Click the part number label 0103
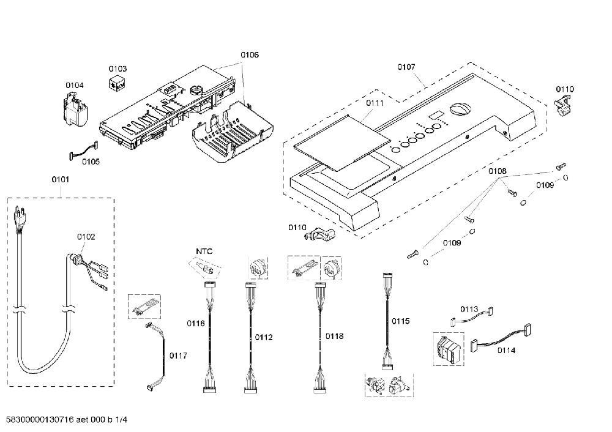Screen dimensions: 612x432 click(118, 69)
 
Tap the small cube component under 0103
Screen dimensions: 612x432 click(116, 83)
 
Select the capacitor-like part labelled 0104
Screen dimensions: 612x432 click(75, 111)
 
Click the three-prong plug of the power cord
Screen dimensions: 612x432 click(18, 218)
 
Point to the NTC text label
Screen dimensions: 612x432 click(204, 251)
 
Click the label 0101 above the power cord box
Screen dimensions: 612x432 click(61, 179)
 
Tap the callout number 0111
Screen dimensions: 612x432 click(375, 103)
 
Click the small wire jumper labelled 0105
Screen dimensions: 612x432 click(83, 151)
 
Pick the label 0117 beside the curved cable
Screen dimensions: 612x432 click(178, 356)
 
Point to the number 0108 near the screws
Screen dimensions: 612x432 click(497, 171)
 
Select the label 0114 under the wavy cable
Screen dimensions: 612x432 click(506, 351)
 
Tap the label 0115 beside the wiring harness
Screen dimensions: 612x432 click(400, 321)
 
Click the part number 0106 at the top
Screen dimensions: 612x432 click(250, 54)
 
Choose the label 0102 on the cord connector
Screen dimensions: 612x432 click(86, 236)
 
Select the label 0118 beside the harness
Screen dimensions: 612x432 click(335, 336)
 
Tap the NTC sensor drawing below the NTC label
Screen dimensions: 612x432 click(204, 267)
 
